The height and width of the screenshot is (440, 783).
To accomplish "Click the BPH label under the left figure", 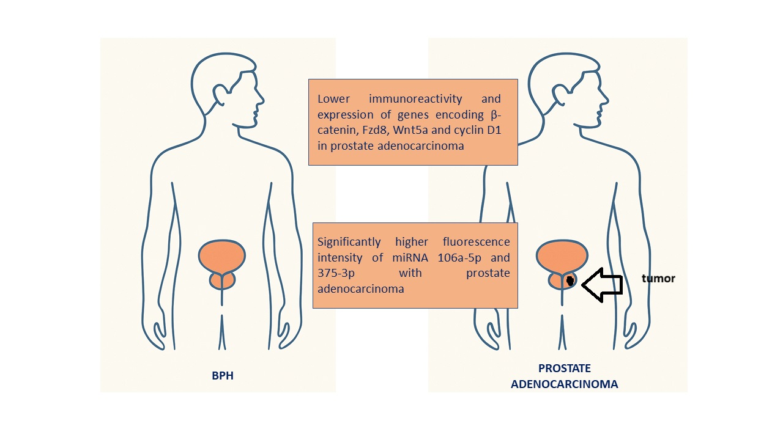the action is click(x=223, y=376).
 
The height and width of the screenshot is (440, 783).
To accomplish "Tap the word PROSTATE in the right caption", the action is click(x=565, y=369).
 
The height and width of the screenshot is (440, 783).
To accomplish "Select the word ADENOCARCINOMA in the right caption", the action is click(x=565, y=384).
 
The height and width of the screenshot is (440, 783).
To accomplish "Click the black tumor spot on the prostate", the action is click(x=570, y=280).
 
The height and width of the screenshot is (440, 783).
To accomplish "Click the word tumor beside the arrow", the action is click(x=658, y=279).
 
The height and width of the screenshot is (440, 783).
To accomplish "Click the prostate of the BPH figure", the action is click(x=222, y=280).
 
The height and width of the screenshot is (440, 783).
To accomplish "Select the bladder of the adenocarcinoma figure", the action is click(x=562, y=255).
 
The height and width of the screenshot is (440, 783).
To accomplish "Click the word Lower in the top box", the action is click(x=333, y=99).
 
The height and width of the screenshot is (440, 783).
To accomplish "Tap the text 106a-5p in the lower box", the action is click(x=458, y=258).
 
